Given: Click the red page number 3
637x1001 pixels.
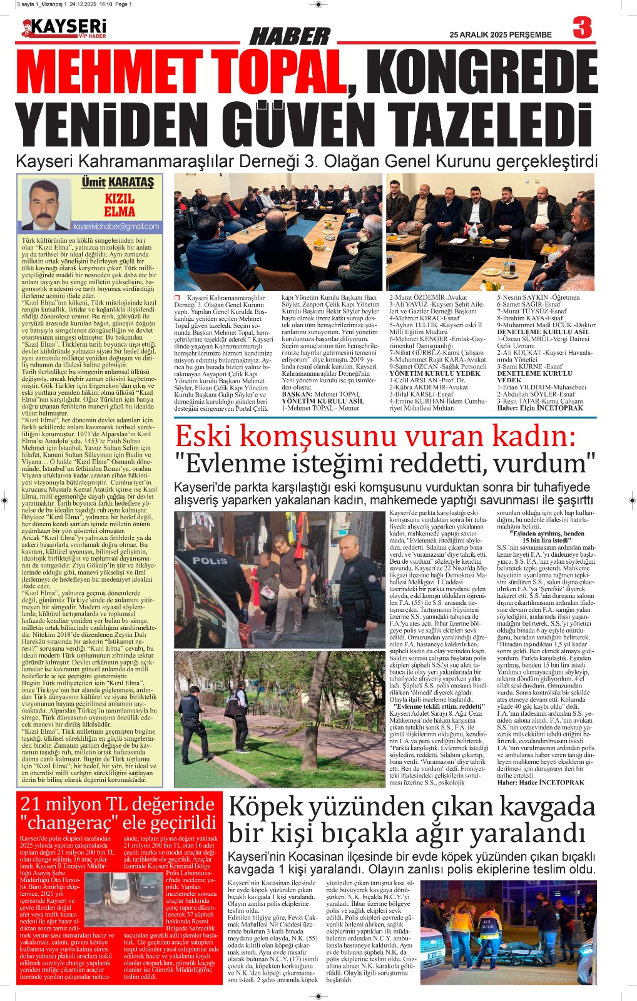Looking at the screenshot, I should tap(582, 29).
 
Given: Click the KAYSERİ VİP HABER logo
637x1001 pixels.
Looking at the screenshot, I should tap(64, 29).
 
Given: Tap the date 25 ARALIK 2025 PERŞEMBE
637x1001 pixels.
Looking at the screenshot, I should tap(501, 35).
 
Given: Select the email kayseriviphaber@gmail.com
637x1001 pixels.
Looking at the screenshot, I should tap(116, 226).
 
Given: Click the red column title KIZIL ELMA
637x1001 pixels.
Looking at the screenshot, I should tap(120, 205).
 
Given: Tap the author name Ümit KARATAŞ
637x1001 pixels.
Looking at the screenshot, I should tap(118, 182).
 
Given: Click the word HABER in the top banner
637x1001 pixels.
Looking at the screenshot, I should tap(290, 37).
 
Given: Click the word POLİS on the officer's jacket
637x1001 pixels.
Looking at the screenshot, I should tap(210, 561).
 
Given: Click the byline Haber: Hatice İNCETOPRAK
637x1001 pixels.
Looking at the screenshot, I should tap(541, 782).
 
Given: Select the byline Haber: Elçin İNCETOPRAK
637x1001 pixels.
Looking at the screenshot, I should tap(539, 408).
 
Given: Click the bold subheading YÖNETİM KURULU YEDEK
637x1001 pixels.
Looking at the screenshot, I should tap(435, 373).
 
